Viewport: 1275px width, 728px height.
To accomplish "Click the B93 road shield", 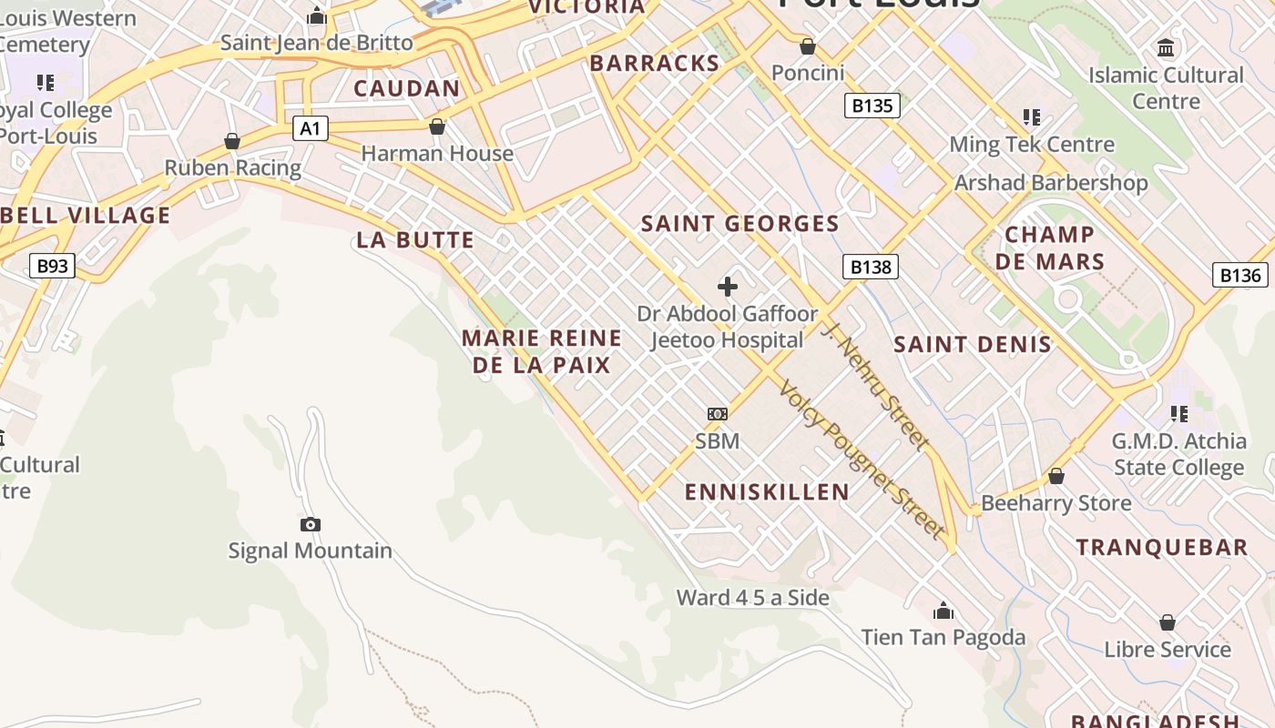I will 52,266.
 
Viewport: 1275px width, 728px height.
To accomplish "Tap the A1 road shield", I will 311,128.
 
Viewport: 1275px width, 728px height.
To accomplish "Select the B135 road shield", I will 872,106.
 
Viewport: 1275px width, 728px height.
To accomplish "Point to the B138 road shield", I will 870,267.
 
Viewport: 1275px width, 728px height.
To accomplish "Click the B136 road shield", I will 1239,275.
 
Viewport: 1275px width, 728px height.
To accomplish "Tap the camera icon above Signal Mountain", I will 311,524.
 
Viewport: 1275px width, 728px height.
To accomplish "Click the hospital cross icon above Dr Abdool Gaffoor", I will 727,288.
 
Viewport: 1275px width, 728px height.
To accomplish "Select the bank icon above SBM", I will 718,414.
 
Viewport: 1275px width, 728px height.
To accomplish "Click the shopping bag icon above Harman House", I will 437,126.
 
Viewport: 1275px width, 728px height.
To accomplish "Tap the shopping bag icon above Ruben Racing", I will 232,141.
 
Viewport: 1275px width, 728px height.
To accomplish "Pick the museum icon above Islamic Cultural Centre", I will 1166,47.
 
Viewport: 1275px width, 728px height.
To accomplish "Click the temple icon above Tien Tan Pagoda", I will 943,610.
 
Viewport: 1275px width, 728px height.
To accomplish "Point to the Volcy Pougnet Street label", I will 860,459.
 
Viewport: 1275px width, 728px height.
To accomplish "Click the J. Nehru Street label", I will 875,384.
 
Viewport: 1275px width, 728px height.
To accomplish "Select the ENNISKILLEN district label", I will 767,492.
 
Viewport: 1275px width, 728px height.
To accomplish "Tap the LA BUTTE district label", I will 415,240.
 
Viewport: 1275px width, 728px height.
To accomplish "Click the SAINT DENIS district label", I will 972,345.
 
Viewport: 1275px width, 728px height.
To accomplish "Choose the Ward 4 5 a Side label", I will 752,598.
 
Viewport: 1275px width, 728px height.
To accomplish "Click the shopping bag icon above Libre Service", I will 1168,622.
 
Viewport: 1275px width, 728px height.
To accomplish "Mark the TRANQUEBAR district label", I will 1162,548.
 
